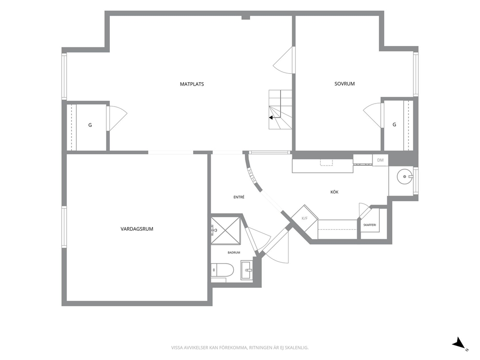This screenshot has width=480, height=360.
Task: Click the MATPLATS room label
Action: (192, 84)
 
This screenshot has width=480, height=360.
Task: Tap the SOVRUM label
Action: (345, 84)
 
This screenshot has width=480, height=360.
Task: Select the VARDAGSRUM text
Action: (137, 229)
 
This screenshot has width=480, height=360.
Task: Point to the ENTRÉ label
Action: (239, 197)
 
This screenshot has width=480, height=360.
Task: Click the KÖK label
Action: (334, 192)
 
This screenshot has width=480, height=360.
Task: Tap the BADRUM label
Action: (234, 253)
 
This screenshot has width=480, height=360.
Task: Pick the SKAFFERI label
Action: (370, 225)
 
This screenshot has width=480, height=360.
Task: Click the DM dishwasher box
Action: (380, 160)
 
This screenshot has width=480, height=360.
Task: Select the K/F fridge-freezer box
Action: (304, 218)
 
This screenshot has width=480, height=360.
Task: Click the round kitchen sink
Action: (405, 177)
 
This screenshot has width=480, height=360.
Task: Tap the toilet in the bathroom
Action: (223, 270)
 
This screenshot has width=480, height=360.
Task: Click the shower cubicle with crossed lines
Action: (225, 230)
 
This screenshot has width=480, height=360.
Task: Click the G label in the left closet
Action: (90, 125)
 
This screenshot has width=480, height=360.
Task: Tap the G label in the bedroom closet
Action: (394, 124)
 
